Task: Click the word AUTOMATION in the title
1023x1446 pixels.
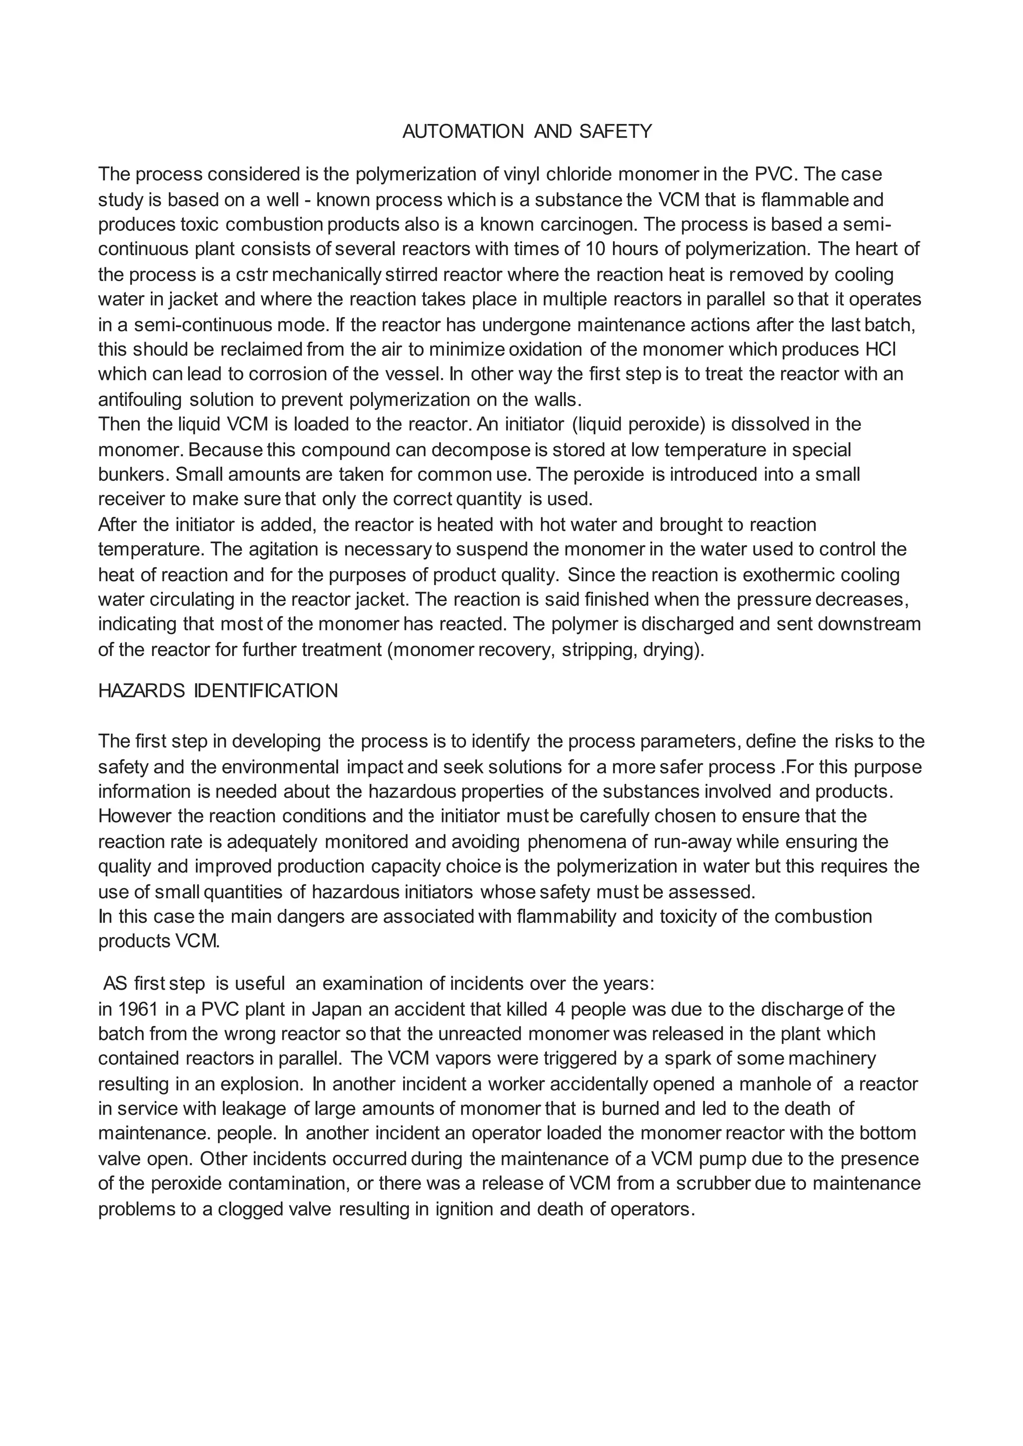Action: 463,132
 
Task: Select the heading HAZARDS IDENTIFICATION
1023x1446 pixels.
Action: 218,691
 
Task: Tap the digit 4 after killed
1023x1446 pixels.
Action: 559,1009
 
